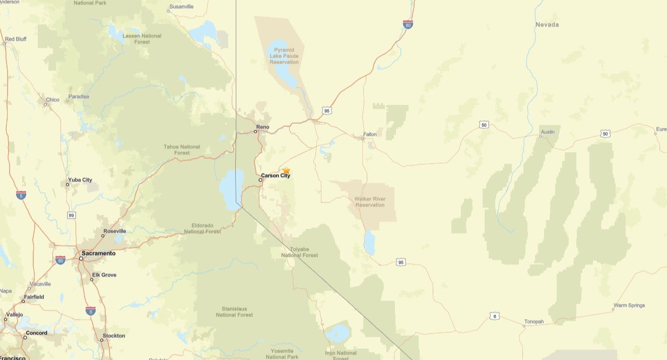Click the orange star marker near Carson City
pos(286,171)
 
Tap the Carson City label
pos(276,176)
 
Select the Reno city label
pos(262,127)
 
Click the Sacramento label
pos(99,253)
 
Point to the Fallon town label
pos(370,134)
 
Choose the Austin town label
pos(547,132)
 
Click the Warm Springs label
pos(629,305)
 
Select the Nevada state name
pos(547,25)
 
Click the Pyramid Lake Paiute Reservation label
pos(284,56)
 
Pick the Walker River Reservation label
pos(370,202)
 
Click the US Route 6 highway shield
pos(495,316)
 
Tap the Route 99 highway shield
pos(72,215)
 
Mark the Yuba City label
pos(80,180)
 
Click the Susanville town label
pos(181,7)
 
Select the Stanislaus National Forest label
pos(234,312)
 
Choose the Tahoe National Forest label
pos(182,150)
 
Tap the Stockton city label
pos(113,335)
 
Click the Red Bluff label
pos(16,39)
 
